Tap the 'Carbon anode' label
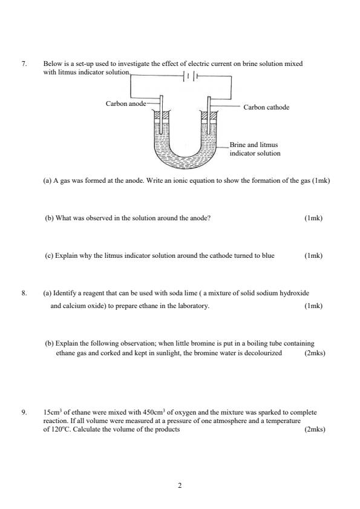[125, 103]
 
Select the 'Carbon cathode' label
[266, 107]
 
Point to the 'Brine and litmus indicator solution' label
[255, 149]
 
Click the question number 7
[24, 63]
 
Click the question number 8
[24, 293]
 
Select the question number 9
[24, 412]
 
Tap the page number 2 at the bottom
[180, 485]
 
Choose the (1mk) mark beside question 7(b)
[313, 218]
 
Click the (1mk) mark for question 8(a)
[313, 306]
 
